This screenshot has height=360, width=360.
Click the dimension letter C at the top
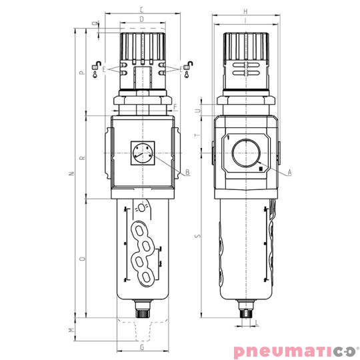click(x=141, y=10)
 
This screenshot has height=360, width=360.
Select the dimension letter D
click(x=141, y=19)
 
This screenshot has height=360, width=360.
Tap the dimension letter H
click(x=245, y=11)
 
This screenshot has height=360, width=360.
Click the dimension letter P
click(x=81, y=74)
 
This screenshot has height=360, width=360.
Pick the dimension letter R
click(x=81, y=159)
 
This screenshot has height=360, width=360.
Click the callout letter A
click(x=291, y=172)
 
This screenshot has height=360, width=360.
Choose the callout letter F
click(x=175, y=107)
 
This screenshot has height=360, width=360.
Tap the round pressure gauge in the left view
click(x=141, y=153)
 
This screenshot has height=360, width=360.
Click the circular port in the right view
click(x=245, y=153)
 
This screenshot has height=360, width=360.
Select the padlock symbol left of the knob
click(x=97, y=65)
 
